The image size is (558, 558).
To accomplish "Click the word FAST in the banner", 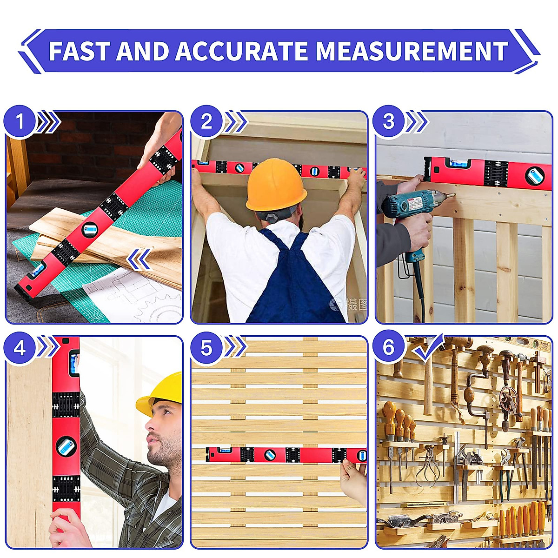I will [80, 51].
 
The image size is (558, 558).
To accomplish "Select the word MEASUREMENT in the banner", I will [412, 51].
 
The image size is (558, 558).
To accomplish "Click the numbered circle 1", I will [20, 122].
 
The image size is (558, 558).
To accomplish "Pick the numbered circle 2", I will [206, 122].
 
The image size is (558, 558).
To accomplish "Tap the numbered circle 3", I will [388, 122].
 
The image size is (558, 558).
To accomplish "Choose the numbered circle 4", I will [20, 348].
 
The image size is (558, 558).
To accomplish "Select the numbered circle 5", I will [206, 348].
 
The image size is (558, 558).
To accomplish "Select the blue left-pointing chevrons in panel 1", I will [139, 259].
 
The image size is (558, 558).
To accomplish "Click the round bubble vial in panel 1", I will [90, 229].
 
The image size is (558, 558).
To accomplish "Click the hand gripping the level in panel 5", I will [353, 479].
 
